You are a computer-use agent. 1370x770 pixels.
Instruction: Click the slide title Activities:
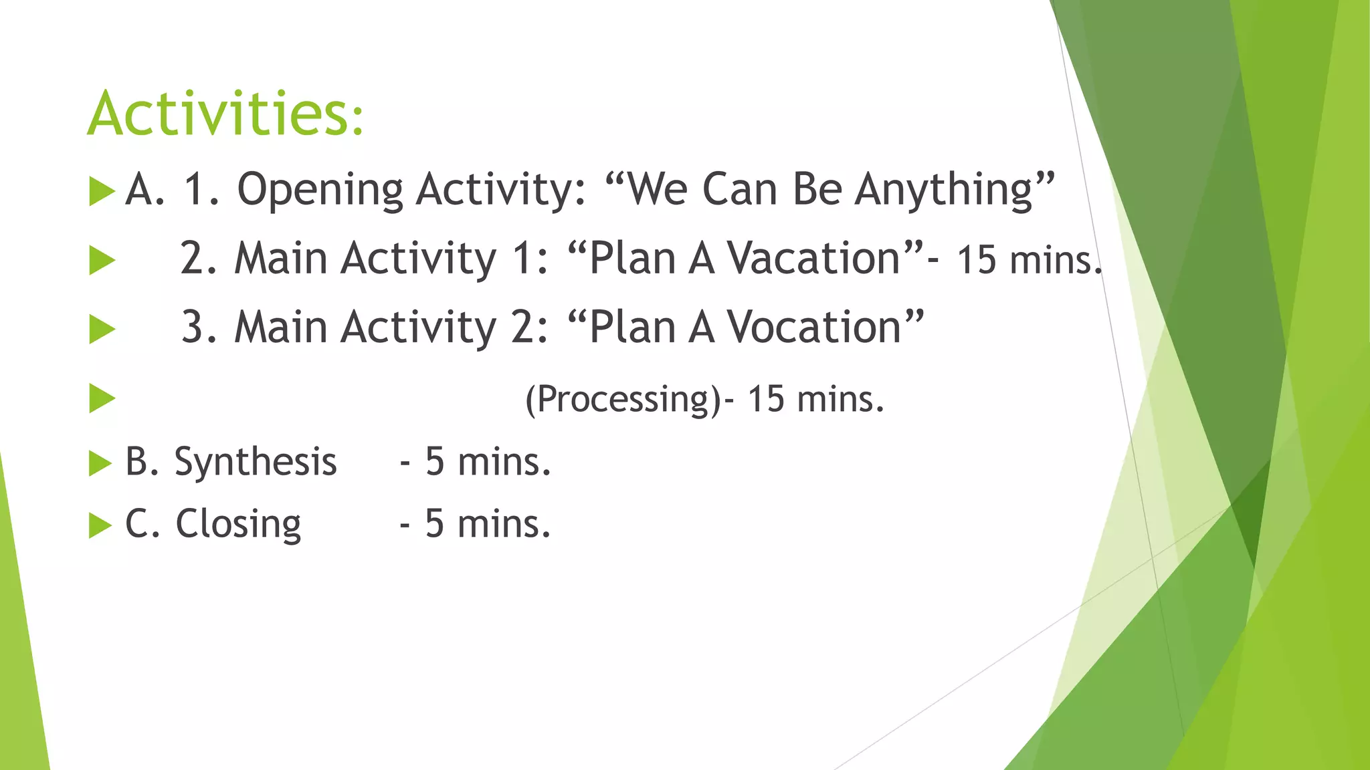tap(225, 114)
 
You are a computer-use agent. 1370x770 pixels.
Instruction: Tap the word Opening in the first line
tap(320, 190)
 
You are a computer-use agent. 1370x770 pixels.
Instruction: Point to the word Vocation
tap(814, 328)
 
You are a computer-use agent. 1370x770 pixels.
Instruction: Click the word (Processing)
tap(623, 400)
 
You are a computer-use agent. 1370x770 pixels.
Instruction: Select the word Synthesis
tap(256, 462)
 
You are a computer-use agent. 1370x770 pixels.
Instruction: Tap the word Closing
tap(238, 523)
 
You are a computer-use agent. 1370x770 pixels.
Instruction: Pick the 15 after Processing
tap(765, 399)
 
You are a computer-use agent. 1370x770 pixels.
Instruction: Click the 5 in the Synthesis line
tap(435, 462)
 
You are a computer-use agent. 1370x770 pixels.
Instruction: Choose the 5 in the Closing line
tap(435, 523)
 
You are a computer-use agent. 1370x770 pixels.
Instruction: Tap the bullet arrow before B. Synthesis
tap(100, 463)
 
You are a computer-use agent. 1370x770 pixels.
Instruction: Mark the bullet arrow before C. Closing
tap(100, 525)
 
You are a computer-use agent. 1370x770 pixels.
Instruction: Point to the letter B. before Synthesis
tap(141, 462)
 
